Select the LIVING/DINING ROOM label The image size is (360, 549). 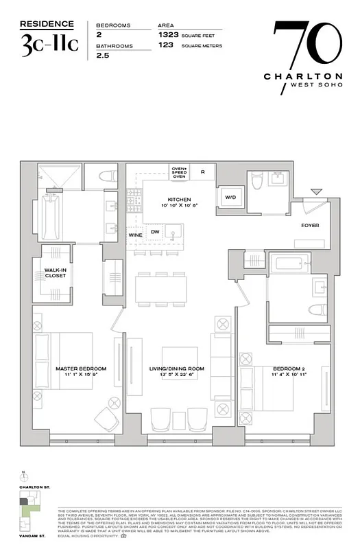click(x=178, y=369)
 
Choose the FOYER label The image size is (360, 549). click(x=311, y=224)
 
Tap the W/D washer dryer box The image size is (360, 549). click(x=230, y=198)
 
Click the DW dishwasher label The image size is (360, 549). click(x=155, y=232)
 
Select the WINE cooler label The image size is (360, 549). click(x=135, y=234)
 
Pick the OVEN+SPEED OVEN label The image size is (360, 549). click(x=179, y=172)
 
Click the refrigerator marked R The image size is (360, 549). click(x=203, y=172)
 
